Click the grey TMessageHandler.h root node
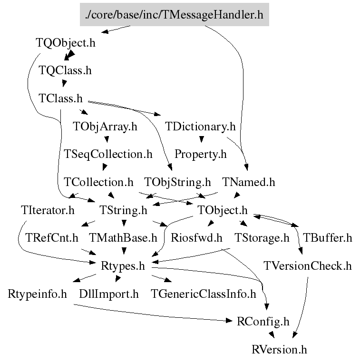[174, 15]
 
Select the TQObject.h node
[66, 43]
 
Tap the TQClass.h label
[65, 71]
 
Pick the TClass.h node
[60, 98]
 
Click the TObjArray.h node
[105, 127]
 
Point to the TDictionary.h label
[200, 127]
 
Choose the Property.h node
[200, 154]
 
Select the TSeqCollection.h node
[108, 154]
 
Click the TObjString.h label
[177, 182]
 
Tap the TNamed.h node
[248, 182]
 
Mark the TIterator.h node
[48, 210]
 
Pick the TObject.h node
[223, 210]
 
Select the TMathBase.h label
[123, 238]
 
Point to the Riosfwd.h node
[197, 238]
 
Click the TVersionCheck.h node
[308, 265]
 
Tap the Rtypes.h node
[123, 265]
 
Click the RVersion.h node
[279, 350]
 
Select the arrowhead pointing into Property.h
[201, 140]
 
